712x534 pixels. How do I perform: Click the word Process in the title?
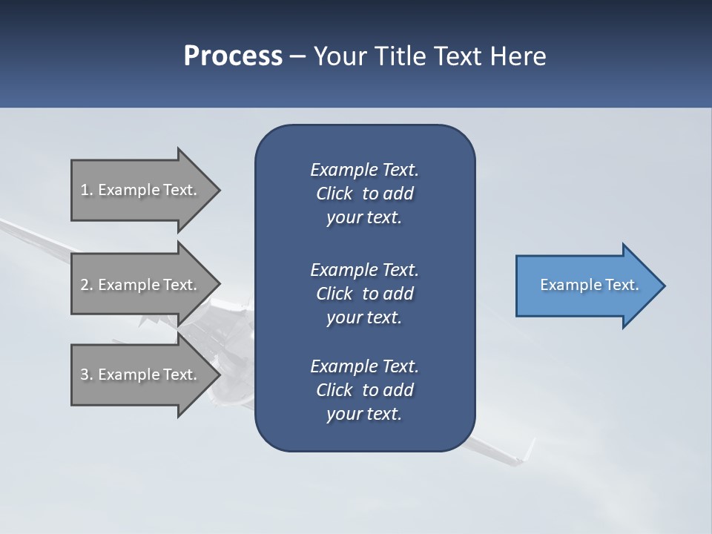(x=233, y=56)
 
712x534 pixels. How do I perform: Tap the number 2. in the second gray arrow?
(x=87, y=285)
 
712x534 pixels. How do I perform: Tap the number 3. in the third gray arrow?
(x=87, y=375)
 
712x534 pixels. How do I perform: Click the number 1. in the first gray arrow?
(x=87, y=190)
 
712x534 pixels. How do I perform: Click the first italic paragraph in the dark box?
(x=364, y=194)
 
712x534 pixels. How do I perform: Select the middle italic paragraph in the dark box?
(x=364, y=293)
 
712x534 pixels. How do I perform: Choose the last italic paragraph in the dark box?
(x=364, y=390)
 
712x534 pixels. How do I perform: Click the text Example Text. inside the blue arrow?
(x=590, y=285)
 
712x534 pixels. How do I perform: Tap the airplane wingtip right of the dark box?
(x=528, y=449)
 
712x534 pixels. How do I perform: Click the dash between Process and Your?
(x=298, y=56)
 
